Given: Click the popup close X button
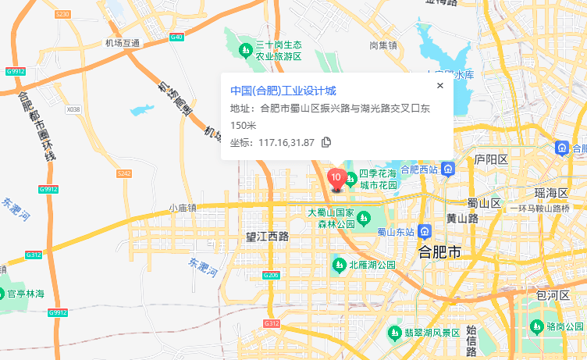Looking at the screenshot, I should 439,86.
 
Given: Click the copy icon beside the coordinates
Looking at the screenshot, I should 326,142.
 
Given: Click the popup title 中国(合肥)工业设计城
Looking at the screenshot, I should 283,91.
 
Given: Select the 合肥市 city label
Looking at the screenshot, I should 440,252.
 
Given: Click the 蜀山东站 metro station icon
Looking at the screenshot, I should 424,231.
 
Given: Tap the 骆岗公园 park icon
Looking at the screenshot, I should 535,326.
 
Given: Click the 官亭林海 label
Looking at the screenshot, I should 26,294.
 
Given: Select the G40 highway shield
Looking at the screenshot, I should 176,37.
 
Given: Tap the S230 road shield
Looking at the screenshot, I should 62,14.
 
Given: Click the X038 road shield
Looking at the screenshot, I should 73,109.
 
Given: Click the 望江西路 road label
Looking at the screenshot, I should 267,235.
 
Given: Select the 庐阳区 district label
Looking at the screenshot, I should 491,159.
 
